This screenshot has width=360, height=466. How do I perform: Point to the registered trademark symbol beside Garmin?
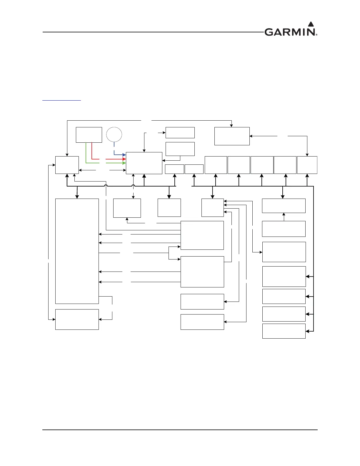316,35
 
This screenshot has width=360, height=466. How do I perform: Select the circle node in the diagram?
114,135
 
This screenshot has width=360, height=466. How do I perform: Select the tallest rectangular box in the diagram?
77,251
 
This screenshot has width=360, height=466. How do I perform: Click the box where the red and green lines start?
89,135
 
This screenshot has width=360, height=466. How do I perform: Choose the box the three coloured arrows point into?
144,163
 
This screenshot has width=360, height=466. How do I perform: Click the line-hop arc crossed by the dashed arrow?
134,186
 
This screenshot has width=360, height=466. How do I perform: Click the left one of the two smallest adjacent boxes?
174,169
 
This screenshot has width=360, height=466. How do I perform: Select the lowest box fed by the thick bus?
284,331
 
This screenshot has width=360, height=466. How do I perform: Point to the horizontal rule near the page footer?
180,430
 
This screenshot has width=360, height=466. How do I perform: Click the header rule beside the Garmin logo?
153,32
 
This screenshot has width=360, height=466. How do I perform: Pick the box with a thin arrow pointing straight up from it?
284,229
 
